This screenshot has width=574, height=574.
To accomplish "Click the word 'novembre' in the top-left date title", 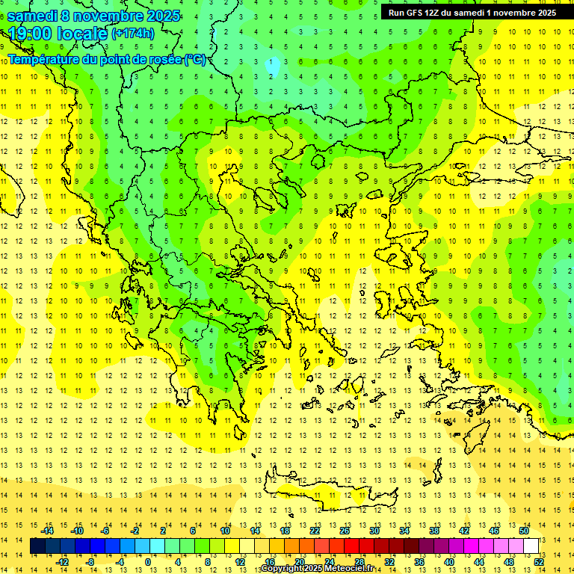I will (110, 16).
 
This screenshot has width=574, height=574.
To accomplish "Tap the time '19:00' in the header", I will (31, 33).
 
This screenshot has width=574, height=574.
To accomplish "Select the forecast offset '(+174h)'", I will (132, 33).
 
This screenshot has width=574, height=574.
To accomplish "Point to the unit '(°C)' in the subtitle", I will (195, 59).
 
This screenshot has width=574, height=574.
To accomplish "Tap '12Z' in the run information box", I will (433, 13).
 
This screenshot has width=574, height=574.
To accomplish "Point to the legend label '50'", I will (524, 531).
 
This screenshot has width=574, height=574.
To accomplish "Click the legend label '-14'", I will (49, 531).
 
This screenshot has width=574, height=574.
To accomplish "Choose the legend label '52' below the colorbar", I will (539, 562).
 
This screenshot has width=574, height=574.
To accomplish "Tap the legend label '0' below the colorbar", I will (148, 562).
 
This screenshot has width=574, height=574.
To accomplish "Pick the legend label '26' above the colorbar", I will (345, 531).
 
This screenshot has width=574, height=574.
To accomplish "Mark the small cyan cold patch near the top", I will (274, 67).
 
